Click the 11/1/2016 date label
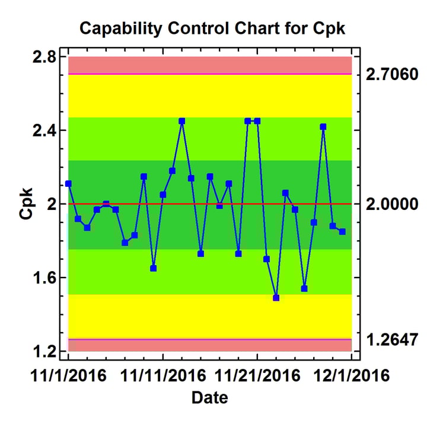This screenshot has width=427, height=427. click(68, 375)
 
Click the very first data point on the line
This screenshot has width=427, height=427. click(68, 184)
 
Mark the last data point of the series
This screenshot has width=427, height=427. click(342, 231)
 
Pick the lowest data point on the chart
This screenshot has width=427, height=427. click(276, 298)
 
